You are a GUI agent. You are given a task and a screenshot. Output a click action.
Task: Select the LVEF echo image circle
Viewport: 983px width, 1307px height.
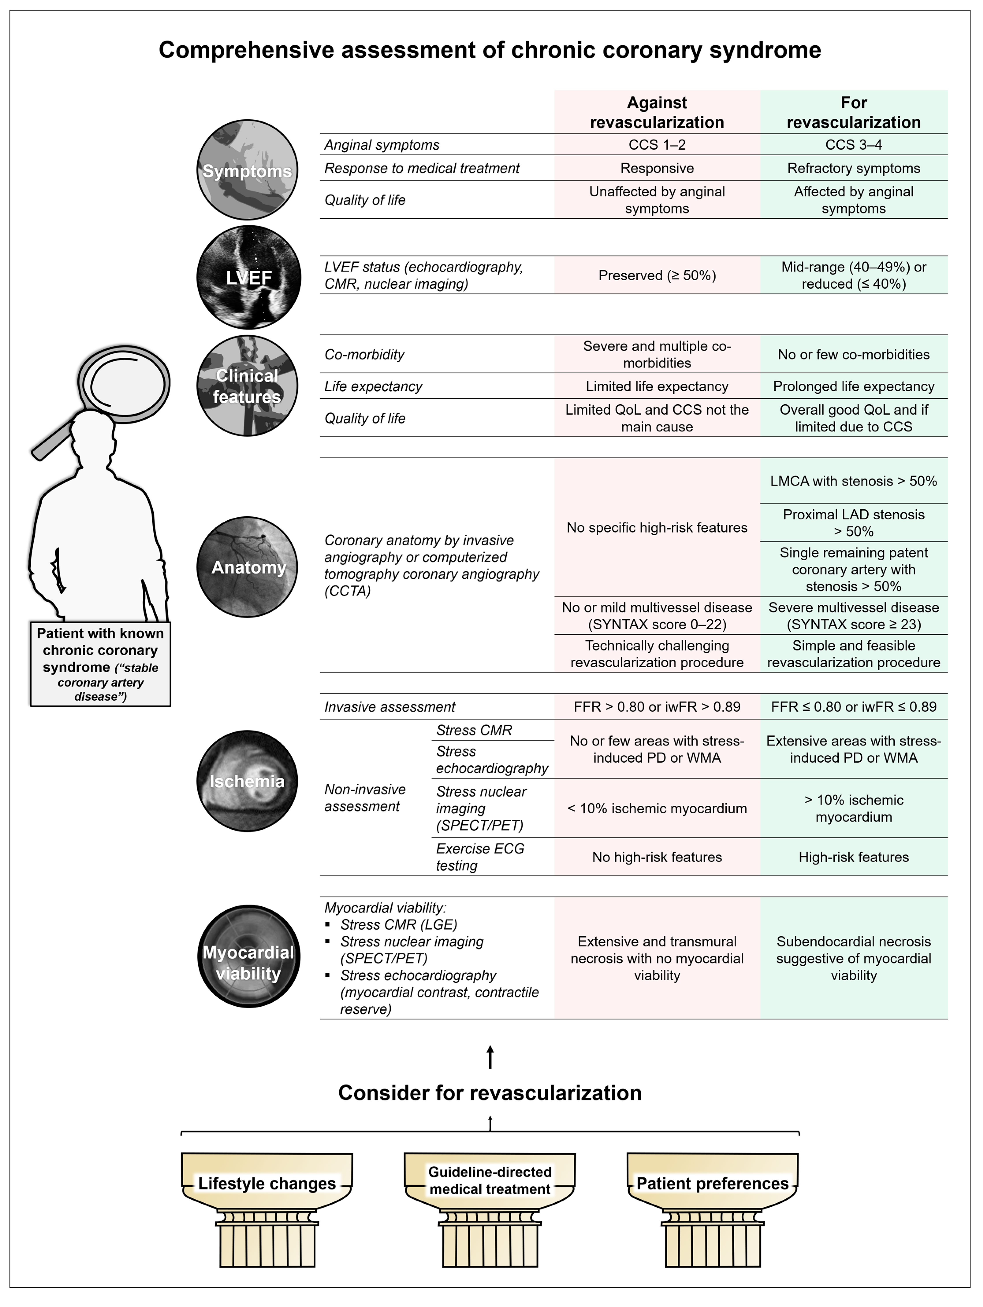248,277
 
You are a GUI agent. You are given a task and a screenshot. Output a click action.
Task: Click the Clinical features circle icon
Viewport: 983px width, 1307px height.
247,386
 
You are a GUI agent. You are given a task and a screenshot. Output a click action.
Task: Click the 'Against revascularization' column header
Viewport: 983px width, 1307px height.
657,112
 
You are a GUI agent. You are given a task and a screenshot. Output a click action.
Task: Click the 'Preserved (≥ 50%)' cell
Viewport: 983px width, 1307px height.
657,275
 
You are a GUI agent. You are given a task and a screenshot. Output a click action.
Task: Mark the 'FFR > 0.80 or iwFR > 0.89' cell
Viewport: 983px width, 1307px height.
657,707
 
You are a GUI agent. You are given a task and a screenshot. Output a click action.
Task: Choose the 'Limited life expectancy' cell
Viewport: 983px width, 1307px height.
657,387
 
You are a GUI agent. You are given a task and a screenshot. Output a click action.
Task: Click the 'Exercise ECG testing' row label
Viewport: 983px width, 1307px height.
480,857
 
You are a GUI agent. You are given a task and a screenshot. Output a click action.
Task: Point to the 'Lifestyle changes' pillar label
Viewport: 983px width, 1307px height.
267,1184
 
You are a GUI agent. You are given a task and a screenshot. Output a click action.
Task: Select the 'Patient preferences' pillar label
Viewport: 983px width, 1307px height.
712,1184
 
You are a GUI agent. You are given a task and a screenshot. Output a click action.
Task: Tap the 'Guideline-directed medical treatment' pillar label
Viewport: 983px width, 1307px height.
490,1181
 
